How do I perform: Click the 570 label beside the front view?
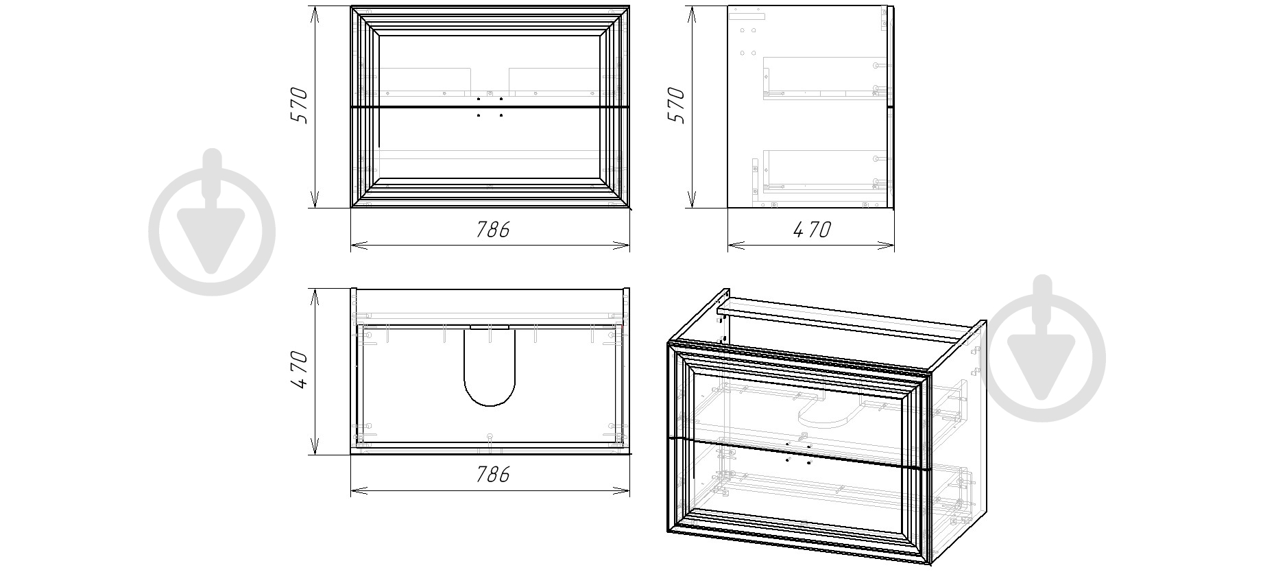click(299, 105)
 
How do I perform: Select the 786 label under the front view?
click(493, 229)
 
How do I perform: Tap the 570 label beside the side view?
click(675, 105)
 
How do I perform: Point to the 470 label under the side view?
click(812, 229)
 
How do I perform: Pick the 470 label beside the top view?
click(300, 370)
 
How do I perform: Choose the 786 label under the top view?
click(493, 474)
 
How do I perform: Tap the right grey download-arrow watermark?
click(1042, 349)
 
